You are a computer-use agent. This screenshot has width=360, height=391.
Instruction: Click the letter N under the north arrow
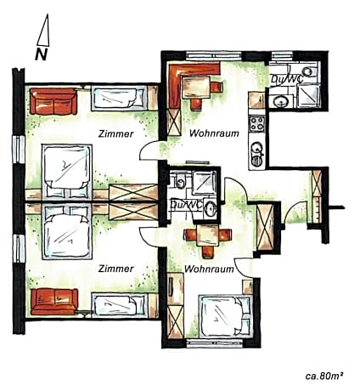(40, 54)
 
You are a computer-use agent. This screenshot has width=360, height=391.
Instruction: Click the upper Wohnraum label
(212, 133)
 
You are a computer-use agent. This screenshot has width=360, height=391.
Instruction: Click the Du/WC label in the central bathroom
(184, 204)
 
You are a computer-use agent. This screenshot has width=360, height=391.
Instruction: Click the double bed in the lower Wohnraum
(223, 315)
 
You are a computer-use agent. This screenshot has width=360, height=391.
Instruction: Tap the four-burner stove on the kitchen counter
(254, 128)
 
